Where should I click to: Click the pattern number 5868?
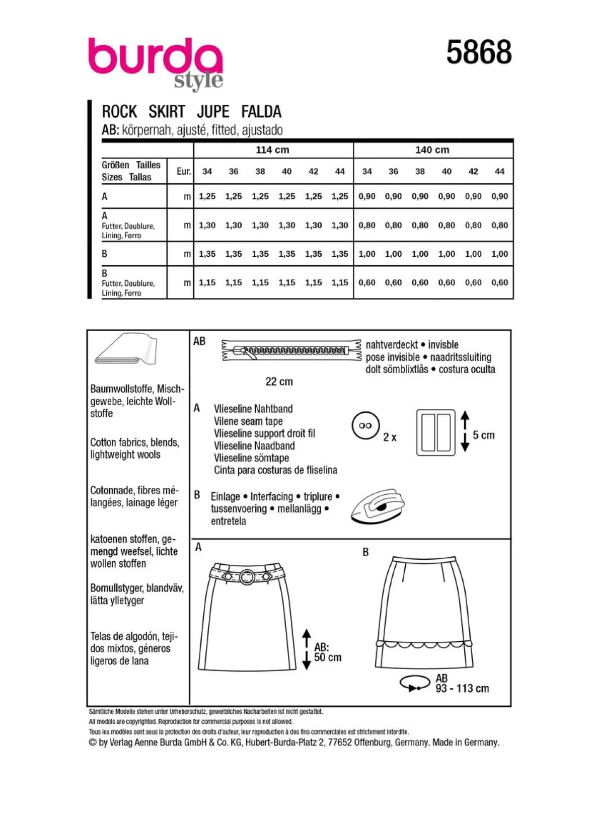[x=479, y=52]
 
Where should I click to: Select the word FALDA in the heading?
[x=261, y=111]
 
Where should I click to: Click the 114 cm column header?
[x=272, y=150]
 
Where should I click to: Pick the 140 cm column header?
[x=432, y=150]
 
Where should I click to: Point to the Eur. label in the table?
[x=184, y=171]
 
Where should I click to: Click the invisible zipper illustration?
[x=291, y=350]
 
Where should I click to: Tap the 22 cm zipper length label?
[x=279, y=382]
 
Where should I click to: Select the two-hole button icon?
[x=365, y=425]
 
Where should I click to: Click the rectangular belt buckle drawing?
[x=435, y=432]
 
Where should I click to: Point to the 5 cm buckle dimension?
[x=483, y=435]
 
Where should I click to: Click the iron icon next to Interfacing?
[x=378, y=506]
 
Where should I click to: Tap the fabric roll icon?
[x=125, y=348]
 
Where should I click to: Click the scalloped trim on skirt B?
[x=424, y=645]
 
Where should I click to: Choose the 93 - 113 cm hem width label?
[x=462, y=688]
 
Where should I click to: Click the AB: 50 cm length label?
[x=328, y=652]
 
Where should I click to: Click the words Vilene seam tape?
[x=248, y=421]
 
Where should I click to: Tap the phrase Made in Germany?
[x=466, y=742]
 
